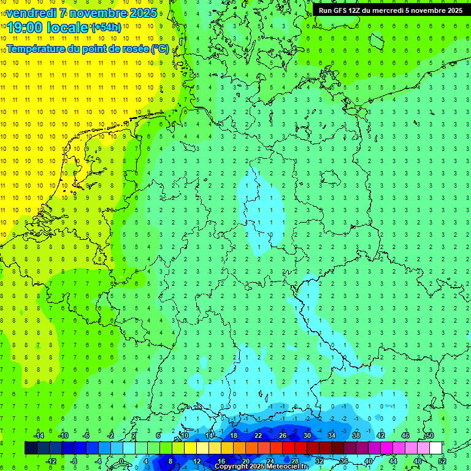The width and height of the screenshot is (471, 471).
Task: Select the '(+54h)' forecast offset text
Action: [106, 28]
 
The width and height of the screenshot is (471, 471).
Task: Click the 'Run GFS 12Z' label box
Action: [391, 10]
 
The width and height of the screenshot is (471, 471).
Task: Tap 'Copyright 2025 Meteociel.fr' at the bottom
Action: [261, 467]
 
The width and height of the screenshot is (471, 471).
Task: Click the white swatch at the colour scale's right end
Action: [435, 448]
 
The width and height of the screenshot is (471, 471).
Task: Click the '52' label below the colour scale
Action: [442, 461]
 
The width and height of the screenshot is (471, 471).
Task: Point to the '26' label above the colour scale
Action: [283, 435]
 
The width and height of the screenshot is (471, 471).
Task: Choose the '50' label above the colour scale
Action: [430, 435]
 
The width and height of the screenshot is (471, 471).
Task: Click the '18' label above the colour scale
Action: [234, 435]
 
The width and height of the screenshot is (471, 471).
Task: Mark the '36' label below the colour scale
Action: [344, 461]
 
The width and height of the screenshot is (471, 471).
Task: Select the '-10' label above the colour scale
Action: [62, 435]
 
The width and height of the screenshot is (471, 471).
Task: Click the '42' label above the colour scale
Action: [381, 435]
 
